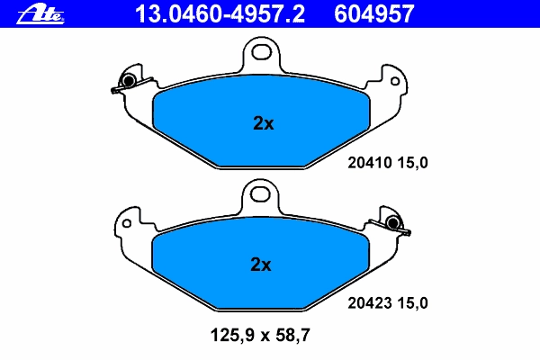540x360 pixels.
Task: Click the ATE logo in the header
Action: (x=40, y=14)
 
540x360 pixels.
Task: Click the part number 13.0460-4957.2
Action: (x=220, y=14)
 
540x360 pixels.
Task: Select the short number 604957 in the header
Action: (x=374, y=14)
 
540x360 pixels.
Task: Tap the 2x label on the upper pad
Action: (x=264, y=123)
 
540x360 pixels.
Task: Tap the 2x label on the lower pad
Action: (x=261, y=265)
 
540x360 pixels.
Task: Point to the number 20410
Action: (x=370, y=163)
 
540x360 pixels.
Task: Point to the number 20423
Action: (x=370, y=303)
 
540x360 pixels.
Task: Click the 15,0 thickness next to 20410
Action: (x=412, y=163)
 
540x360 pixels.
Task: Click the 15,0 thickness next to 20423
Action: (x=412, y=303)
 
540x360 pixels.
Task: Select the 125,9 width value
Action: (x=231, y=335)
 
